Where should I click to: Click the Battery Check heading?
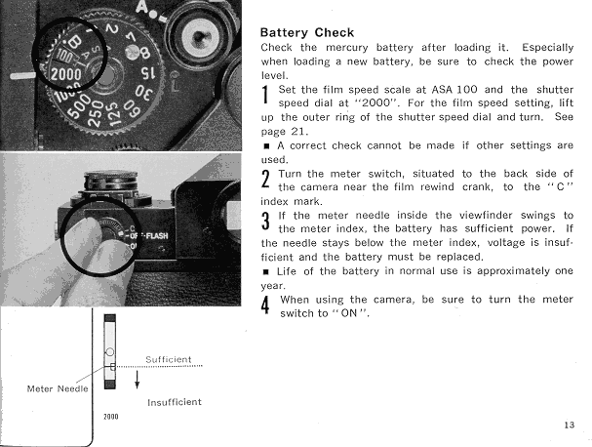point(307,31)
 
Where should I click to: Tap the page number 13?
point(570,425)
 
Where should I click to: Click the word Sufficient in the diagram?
point(168,359)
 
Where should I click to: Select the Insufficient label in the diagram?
point(174,401)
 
